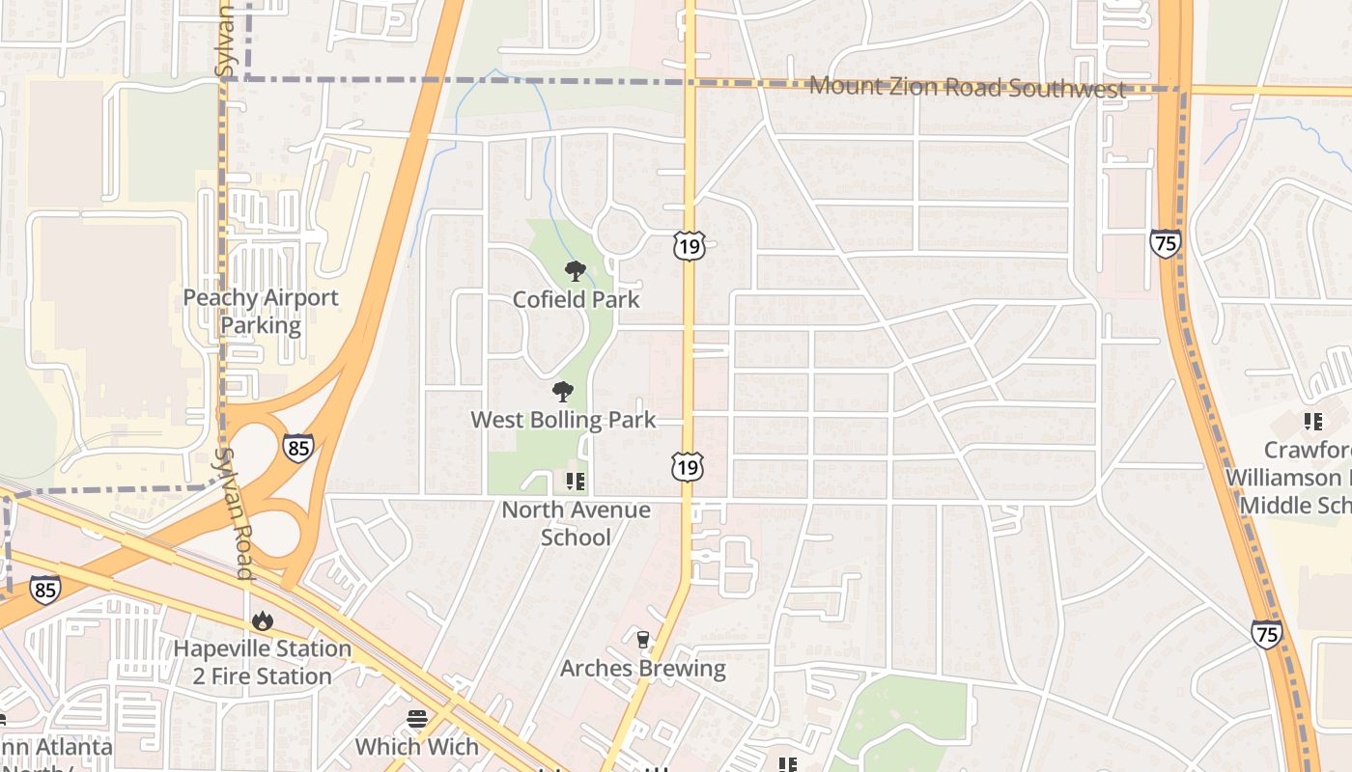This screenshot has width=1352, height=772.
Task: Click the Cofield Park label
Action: [576, 299]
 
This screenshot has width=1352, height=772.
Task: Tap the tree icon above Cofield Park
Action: [576, 271]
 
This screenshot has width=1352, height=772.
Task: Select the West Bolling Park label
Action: [563, 420]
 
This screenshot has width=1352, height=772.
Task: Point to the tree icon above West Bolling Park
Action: [563, 392]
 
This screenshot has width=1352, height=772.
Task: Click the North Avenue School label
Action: [576, 523]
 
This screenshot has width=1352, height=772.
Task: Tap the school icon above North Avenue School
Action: [576, 481]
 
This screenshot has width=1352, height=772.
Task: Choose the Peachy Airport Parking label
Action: [261, 311]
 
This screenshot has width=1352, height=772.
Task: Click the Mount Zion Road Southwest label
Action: [967, 88]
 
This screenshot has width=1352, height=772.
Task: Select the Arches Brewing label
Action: [643, 668]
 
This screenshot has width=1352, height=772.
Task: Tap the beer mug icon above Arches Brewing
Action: [643, 639]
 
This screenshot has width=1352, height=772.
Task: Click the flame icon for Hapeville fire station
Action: [262, 621]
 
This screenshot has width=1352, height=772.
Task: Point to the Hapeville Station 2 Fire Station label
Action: [262, 662]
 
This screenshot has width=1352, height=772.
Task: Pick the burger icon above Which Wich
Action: [417, 718]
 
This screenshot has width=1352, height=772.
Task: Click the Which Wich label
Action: [417, 746]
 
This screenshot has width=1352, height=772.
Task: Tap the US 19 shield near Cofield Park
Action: [690, 245]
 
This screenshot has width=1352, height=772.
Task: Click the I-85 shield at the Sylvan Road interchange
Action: [298, 447]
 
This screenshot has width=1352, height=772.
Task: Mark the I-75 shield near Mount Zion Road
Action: [1166, 243]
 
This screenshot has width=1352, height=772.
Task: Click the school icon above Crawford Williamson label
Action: [1312, 421]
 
